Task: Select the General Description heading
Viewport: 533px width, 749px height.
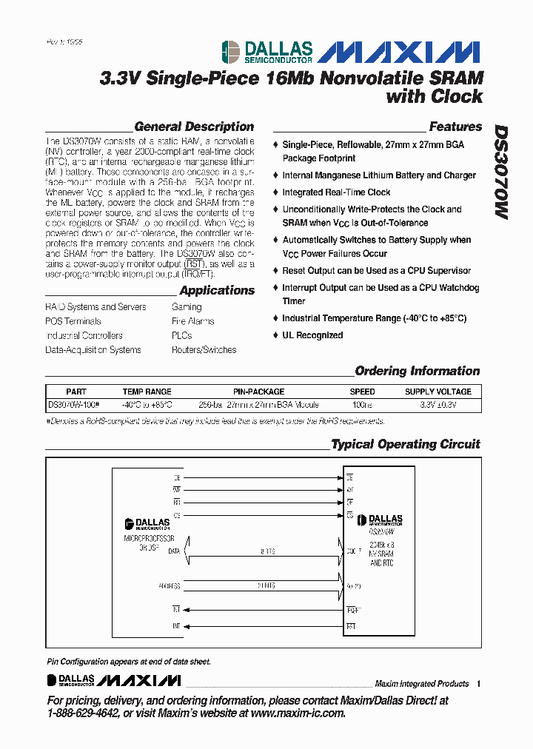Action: (194, 127)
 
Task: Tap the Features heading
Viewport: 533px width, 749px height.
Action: (455, 127)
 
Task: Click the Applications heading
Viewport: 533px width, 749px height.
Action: (217, 291)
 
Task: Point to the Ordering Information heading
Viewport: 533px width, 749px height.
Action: (418, 371)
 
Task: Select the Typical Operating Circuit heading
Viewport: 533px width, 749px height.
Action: (406, 444)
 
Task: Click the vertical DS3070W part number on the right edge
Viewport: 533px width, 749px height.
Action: (501, 170)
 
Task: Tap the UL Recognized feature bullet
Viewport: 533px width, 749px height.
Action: (312, 335)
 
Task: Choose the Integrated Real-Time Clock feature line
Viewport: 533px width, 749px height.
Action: (336, 192)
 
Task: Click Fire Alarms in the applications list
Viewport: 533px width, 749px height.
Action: (192, 321)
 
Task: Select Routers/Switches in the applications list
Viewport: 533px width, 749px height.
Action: (204, 350)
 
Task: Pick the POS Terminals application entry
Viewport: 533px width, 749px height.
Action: (73, 321)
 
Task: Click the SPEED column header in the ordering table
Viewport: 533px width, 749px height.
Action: (362, 392)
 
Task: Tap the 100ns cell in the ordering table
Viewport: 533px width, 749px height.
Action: (362, 405)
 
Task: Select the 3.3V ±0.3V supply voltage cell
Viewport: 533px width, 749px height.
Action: (438, 405)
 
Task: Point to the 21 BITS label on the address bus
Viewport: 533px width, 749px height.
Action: (266, 585)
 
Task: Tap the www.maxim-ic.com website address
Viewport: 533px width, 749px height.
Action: (298, 713)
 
